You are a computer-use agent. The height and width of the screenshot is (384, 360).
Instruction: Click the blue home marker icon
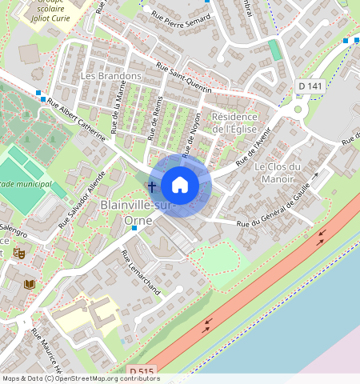(180, 186)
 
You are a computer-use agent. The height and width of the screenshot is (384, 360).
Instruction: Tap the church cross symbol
(151, 186)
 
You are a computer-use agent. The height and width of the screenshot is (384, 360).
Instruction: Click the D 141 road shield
(309, 86)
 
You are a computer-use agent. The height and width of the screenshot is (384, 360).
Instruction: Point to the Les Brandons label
(111, 76)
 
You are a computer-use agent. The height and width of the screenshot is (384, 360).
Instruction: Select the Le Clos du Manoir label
(278, 173)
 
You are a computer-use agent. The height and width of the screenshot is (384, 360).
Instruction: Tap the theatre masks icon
(19, 253)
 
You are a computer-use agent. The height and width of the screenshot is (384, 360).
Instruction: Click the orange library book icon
(30, 285)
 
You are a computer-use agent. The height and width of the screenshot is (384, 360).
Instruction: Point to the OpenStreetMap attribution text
(81, 378)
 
